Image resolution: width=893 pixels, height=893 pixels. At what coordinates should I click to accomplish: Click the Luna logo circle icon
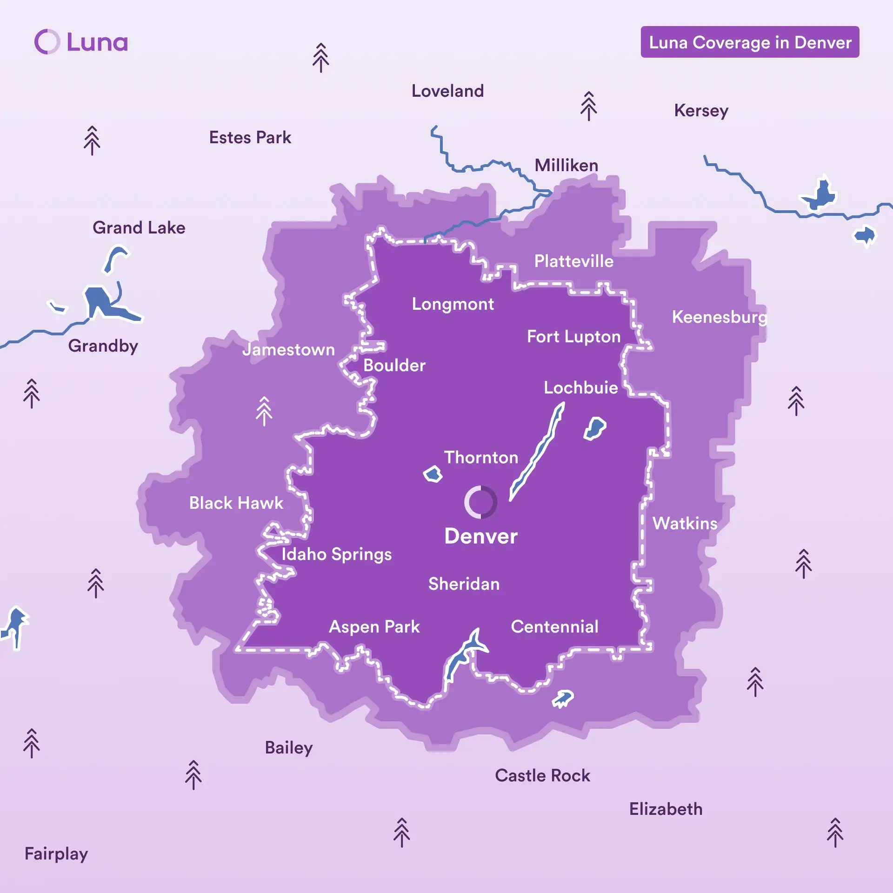point(47,42)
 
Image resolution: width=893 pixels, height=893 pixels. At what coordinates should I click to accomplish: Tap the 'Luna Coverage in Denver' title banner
point(749,42)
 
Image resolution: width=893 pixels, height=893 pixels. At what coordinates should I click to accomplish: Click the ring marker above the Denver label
point(480,502)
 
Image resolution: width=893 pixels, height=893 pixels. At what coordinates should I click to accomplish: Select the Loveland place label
point(447,91)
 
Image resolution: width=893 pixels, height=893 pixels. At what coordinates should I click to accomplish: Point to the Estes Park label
point(250,138)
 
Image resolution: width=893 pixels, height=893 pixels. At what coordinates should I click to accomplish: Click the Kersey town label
point(701,111)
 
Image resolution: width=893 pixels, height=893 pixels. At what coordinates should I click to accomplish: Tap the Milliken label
point(566,166)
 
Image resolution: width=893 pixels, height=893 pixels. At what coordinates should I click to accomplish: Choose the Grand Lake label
point(139,228)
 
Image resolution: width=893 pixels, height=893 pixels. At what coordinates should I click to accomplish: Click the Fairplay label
point(56,854)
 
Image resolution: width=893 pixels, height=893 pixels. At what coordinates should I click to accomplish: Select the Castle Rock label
point(542,776)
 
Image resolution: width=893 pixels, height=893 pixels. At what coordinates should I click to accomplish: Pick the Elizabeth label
point(666,809)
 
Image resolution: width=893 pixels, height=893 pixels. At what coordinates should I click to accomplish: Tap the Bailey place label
point(288,748)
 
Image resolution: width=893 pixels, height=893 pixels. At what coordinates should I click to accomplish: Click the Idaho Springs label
point(336,554)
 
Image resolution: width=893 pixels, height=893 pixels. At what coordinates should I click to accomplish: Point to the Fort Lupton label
point(573,337)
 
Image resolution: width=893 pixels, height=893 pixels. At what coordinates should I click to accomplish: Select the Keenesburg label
point(719,317)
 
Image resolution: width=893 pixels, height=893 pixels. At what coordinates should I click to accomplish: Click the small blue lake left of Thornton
point(433,474)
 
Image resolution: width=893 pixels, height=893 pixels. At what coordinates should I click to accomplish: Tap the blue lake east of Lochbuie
point(595,428)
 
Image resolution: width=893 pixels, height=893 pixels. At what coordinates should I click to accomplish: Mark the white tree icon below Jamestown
point(264,411)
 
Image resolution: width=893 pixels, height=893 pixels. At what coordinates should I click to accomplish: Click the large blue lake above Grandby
point(105,303)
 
